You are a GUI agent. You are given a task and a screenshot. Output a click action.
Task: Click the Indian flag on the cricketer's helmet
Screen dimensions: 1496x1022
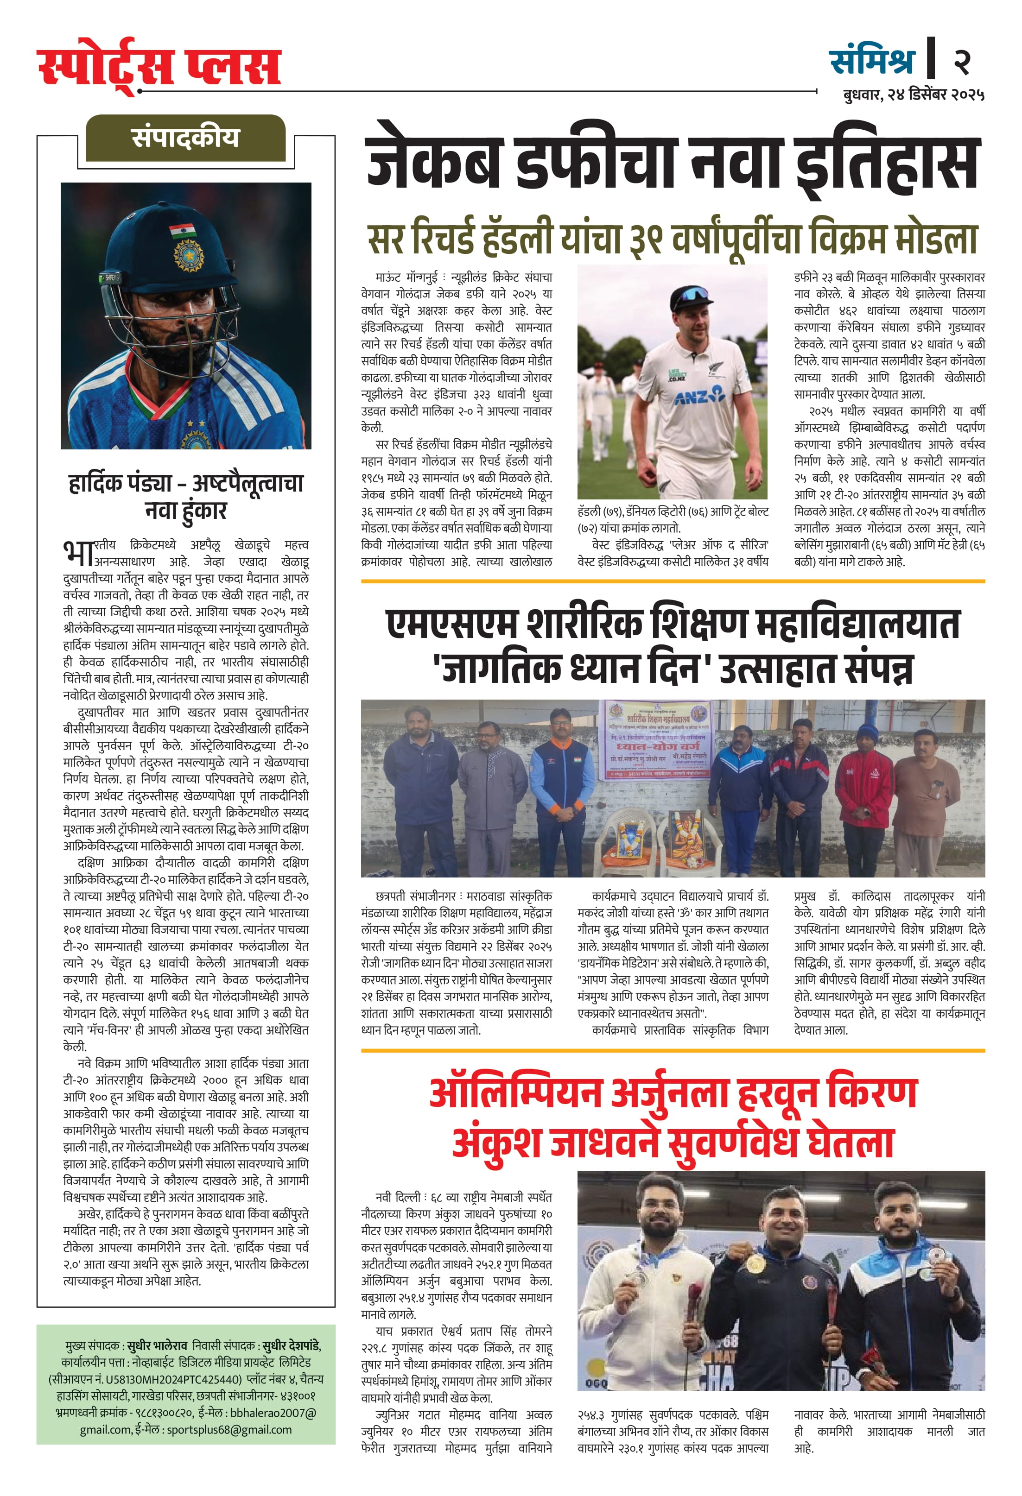(x=182, y=230)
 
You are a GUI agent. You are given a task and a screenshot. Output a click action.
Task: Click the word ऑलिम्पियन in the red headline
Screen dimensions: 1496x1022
(x=515, y=1092)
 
